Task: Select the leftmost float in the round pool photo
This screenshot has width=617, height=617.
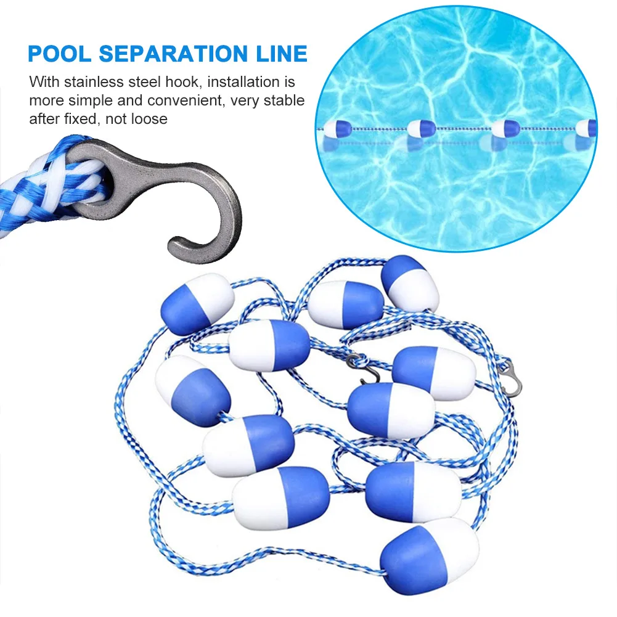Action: coord(337,129)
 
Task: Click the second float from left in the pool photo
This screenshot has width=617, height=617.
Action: coord(422,129)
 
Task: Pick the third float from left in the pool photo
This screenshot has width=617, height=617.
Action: coord(506,128)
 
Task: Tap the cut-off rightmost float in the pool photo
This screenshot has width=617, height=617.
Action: coord(587,128)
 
